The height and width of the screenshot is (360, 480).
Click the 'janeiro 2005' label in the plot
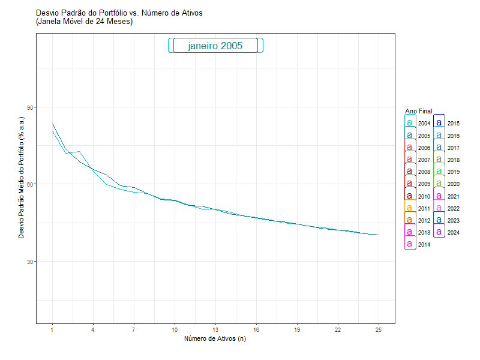[x=215, y=46]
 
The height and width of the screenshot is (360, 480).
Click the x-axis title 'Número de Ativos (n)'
[x=215, y=339]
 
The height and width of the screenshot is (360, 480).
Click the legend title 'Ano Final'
[x=418, y=111]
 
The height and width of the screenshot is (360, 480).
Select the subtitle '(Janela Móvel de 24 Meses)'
[x=84, y=22]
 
